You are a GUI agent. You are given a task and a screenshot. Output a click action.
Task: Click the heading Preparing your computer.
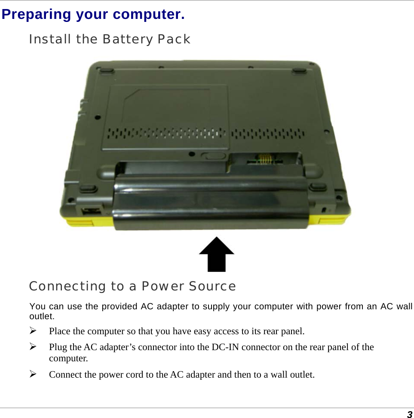pos(93,14)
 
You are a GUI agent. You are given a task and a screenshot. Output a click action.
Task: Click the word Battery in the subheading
pos(128,40)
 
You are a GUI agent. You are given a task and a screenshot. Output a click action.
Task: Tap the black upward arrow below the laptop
pos(217,254)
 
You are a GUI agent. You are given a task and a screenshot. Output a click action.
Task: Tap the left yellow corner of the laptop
pos(80,221)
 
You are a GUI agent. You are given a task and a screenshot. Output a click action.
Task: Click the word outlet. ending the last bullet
pos(302,375)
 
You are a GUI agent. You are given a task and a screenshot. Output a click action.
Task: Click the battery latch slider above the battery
pos(214,155)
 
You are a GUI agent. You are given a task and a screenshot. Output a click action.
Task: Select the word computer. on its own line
pos(69,358)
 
